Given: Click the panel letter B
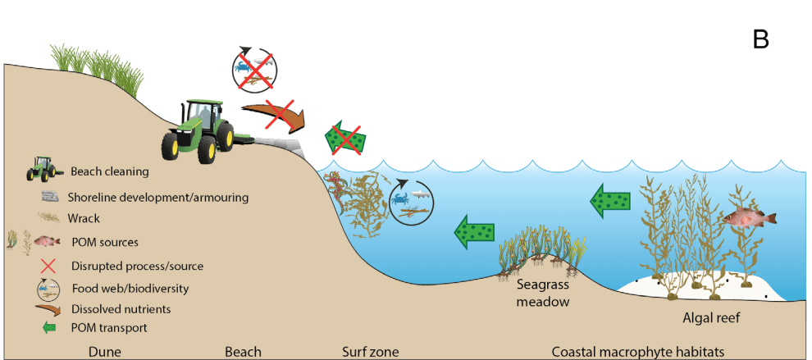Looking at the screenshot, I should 760,39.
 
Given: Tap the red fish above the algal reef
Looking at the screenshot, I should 748,218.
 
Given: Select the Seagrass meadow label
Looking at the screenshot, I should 542,293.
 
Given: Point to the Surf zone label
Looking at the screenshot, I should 370,352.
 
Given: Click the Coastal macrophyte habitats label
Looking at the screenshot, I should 637,352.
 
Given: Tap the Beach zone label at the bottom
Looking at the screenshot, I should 243,352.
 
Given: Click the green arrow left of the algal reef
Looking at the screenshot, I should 611,200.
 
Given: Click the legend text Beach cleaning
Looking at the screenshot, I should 109,171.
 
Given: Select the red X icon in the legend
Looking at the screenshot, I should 48,266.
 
